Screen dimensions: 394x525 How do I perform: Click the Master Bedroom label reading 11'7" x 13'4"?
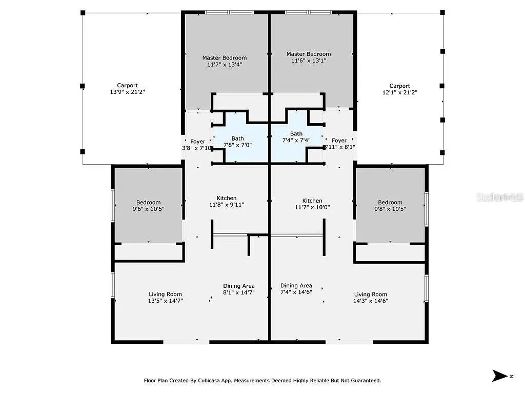(x=224, y=61)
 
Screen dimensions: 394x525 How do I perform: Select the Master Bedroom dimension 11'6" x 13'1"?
(x=308, y=57)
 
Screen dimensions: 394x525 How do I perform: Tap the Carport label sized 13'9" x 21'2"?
(x=127, y=89)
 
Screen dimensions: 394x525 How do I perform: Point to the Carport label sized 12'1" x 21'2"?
(x=399, y=89)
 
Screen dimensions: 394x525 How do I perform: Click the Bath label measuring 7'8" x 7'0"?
(x=237, y=142)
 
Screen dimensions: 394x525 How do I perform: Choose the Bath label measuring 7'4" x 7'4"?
(x=296, y=137)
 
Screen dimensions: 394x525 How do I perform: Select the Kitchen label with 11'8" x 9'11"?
(x=227, y=201)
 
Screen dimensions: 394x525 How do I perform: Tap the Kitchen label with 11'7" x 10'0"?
(x=312, y=204)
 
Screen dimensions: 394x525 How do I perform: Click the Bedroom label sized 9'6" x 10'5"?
(x=148, y=206)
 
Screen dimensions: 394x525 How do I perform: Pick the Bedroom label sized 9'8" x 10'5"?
(x=390, y=205)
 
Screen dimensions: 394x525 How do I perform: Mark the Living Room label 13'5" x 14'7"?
(x=165, y=298)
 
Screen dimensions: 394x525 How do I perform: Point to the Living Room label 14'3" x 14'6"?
(x=371, y=298)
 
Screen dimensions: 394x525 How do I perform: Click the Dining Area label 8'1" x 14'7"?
(x=238, y=289)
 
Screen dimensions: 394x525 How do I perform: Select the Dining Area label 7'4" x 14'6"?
(x=296, y=289)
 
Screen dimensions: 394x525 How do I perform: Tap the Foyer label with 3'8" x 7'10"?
(x=197, y=145)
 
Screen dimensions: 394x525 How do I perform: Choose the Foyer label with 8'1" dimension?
(x=339, y=144)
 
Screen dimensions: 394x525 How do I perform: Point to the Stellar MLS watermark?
(x=499, y=197)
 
